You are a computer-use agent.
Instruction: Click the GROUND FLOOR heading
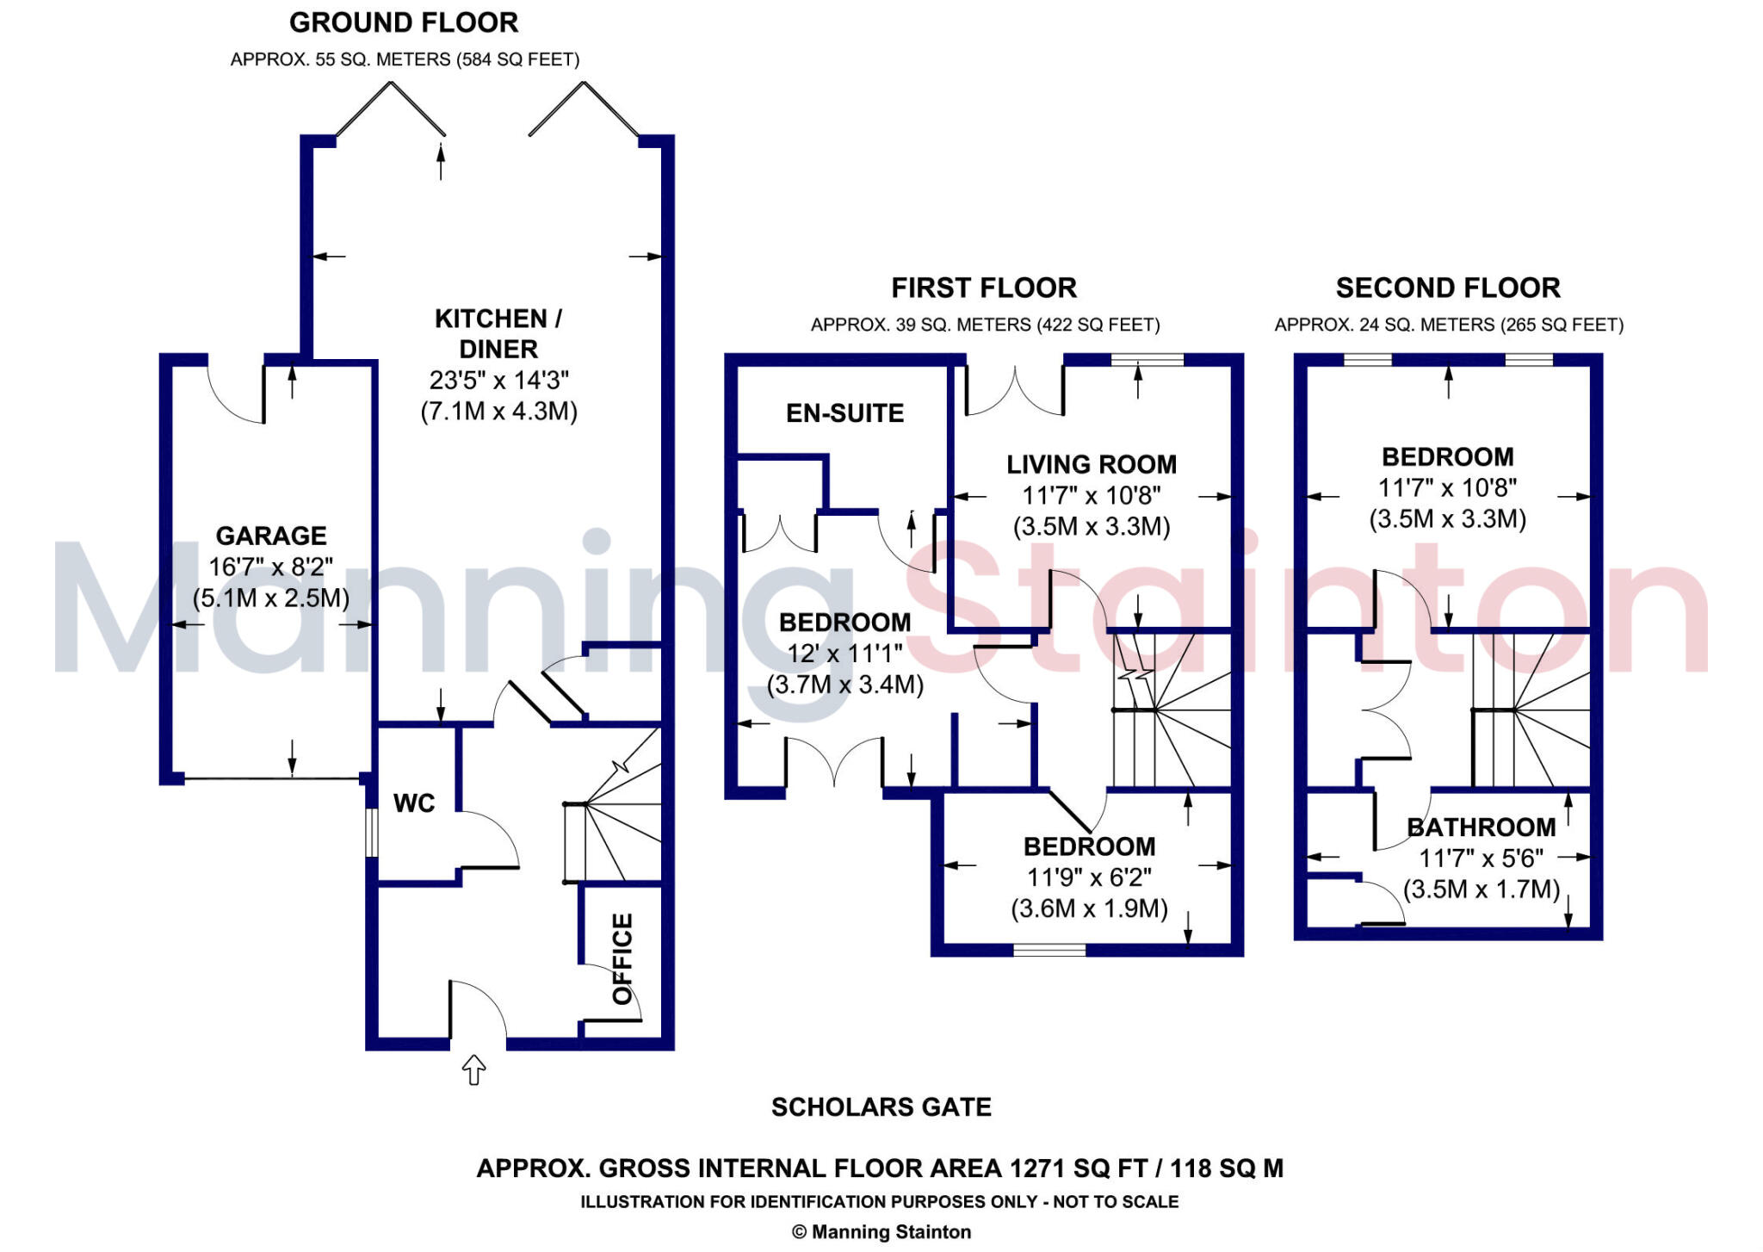pos(404,23)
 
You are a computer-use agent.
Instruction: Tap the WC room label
pos(414,803)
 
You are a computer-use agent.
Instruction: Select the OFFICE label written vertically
pos(622,958)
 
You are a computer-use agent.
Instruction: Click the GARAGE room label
pos(271,536)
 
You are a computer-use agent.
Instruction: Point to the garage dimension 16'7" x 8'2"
pos(271,567)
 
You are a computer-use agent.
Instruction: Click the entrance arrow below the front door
pos(474,1070)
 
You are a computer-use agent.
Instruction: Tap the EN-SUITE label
pos(844,413)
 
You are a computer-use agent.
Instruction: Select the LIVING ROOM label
pos(1092,465)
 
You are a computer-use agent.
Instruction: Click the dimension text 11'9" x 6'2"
pos(1089,877)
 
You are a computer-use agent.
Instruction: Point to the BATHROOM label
pos(1481,827)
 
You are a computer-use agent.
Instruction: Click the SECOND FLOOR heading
pos(1448,288)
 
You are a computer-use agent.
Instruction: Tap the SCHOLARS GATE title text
pos(881,1107)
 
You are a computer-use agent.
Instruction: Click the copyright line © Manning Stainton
pos(881,1232)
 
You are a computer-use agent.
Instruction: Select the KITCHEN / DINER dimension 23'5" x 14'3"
pos(499,380)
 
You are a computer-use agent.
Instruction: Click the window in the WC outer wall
pos(372,832)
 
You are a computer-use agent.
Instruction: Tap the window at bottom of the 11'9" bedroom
pos(1049,951)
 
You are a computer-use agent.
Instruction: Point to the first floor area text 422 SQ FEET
pos(1098,325)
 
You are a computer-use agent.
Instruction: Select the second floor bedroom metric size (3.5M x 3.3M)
pos(1448,519)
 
